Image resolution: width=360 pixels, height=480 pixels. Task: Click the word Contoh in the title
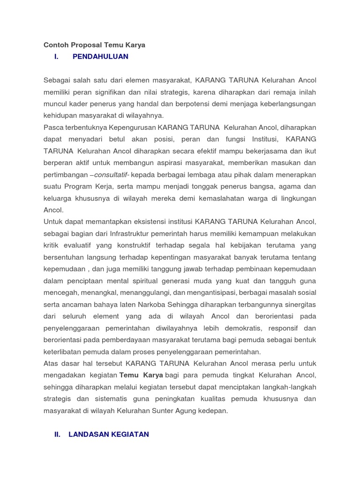point(56,45)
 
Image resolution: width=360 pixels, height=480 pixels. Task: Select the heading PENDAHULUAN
point(100,57)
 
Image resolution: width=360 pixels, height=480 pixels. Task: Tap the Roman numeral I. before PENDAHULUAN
point(56,57)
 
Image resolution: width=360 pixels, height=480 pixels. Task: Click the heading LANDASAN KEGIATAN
point(109,435)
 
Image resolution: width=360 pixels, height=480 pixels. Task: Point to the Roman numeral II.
point(58,435)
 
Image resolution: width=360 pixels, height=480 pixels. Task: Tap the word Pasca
point(53,127)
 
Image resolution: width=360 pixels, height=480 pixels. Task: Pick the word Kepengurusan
point(133,127)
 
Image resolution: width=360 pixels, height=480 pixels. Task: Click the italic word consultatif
point(111,175)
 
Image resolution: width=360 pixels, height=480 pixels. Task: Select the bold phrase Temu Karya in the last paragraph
point(142,375)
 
